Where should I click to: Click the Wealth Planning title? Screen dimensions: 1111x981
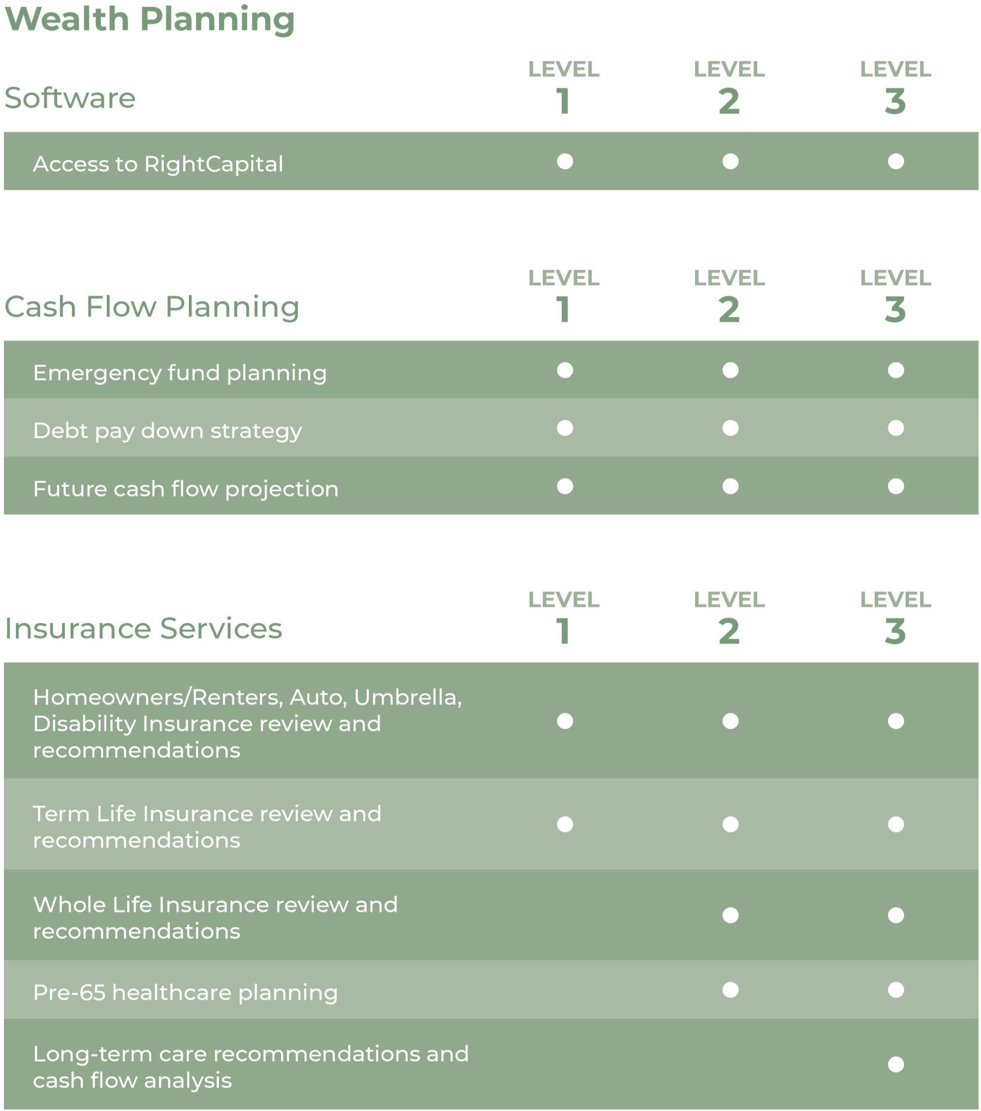149,20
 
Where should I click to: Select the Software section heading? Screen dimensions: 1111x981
70,99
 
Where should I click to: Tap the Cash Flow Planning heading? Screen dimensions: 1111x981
152,307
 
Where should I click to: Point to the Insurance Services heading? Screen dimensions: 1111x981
143,629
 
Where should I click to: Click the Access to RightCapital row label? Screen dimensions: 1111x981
157,164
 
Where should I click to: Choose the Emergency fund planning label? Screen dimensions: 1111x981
179,373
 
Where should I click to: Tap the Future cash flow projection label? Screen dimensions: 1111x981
185,489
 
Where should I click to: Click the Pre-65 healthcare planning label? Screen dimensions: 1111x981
185,993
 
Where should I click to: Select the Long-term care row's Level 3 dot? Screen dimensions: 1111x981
895,1064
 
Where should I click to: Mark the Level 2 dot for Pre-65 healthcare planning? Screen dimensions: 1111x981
730,990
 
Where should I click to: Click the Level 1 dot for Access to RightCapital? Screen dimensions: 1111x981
565,161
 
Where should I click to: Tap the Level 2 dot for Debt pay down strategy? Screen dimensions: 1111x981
730,428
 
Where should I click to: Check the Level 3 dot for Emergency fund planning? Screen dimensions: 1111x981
895,370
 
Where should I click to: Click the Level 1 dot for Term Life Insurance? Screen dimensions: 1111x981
565,825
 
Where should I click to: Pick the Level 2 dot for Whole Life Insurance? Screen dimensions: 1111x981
730,915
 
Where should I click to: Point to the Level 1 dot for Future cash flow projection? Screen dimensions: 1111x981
565,486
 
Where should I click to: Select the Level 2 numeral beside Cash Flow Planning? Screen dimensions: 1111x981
729,311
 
